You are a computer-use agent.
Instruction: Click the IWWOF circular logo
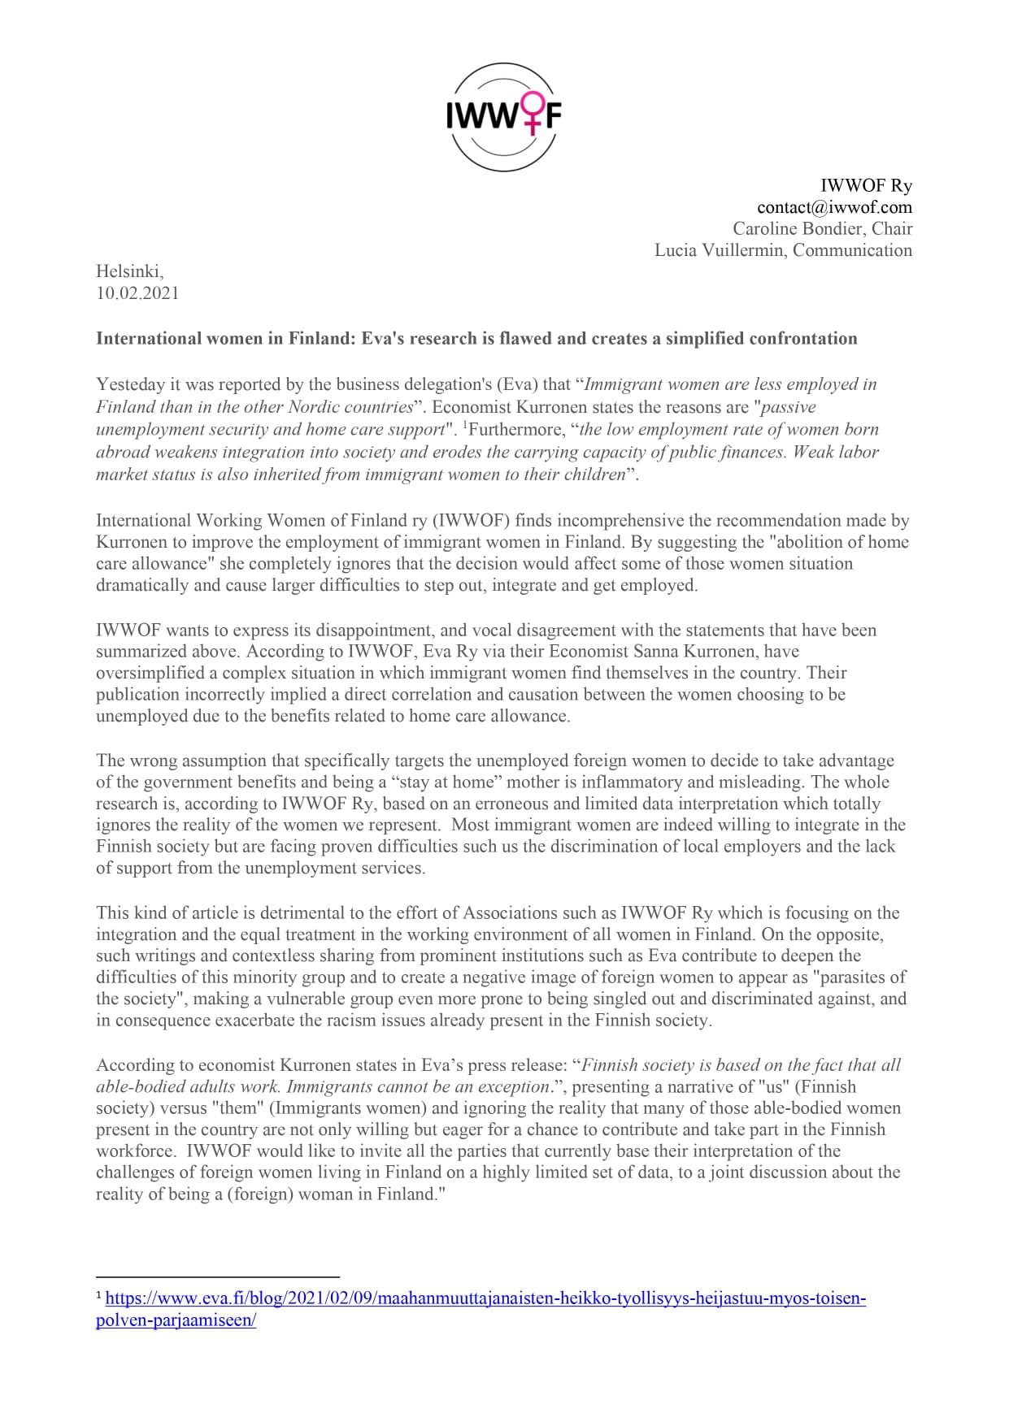click(x=504, y=118)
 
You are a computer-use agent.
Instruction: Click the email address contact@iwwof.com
click(x=834, y=207)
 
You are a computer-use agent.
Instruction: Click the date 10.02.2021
click(x=137, y=293)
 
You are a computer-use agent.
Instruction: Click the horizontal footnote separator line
click(x=217, y=1277)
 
